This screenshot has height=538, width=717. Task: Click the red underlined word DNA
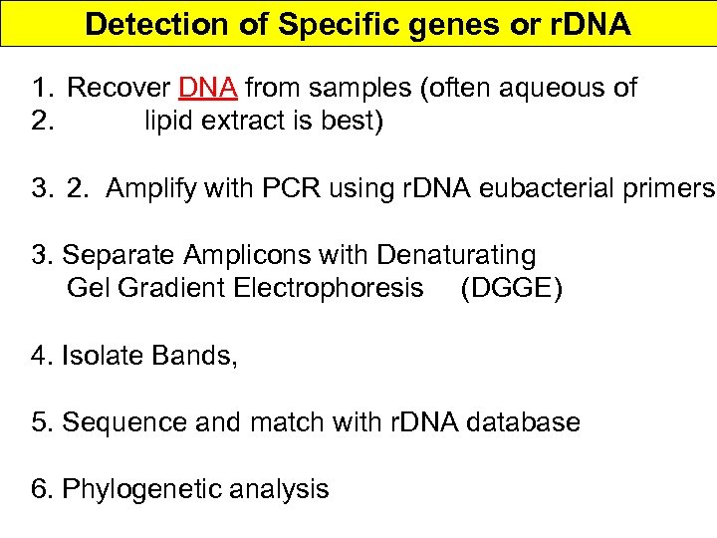point(208,88)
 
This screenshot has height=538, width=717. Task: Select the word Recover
point(119,88)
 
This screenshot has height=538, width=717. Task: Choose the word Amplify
point(152,189)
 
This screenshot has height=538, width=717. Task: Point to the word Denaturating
point(456,256)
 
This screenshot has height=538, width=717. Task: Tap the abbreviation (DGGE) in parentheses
point(511,290)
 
